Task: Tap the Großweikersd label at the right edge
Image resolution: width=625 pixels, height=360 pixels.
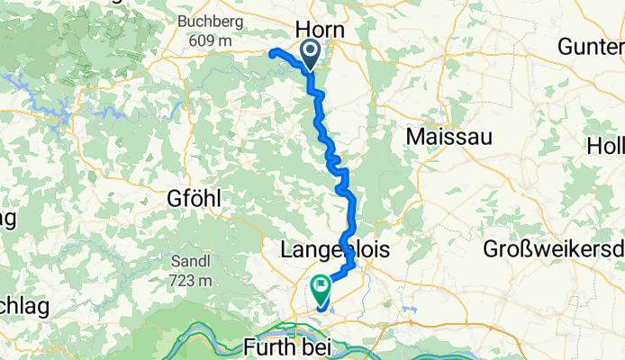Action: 553,249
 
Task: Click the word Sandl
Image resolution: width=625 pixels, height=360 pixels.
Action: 189,261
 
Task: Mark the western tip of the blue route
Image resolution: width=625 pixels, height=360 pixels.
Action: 271,52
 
